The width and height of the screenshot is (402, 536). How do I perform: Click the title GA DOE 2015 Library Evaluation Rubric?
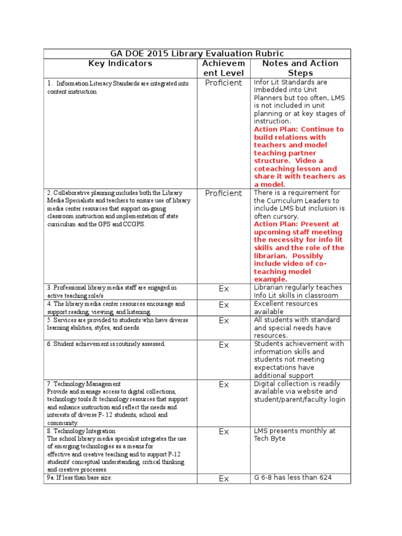click(197, 53)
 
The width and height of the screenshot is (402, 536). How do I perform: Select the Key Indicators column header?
click(120, 63)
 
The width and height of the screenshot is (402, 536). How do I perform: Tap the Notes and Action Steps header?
click(300, 68)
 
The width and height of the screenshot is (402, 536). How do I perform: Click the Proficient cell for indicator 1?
click(224, 83)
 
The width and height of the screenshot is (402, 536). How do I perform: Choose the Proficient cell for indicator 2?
click(224, 193)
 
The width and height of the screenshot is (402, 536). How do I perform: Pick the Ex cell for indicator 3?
click(224, 288)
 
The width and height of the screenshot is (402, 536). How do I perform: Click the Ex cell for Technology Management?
click(224, 385)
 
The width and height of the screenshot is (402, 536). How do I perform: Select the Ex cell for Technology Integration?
click(224, 432)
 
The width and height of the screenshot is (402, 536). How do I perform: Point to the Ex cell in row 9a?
click(224, 478)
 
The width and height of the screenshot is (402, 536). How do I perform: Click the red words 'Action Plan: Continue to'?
click(299, 129)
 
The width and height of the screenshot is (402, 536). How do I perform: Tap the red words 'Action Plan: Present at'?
click(296, 224)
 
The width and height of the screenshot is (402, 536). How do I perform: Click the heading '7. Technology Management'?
click(84, 384)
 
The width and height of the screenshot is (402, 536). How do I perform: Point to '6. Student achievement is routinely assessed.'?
click(106, 344)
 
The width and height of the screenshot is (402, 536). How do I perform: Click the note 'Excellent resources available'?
click(286, 307)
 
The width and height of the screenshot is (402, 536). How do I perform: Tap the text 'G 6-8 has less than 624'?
click(293, 477)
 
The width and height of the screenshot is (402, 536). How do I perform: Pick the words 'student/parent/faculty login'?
click(299, 400)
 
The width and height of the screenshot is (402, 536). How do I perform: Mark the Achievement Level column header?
click(224, 68)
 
